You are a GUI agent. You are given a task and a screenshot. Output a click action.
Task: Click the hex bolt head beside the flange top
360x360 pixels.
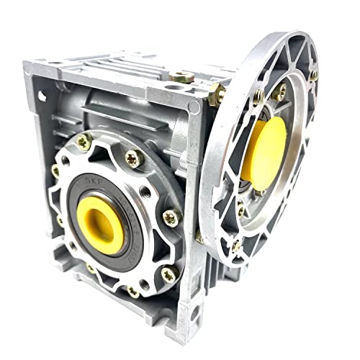coord(215,92)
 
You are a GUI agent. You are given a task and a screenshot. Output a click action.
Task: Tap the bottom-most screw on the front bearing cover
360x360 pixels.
coord(133,291)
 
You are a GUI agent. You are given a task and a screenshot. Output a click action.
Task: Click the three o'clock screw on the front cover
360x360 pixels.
coord(171,215)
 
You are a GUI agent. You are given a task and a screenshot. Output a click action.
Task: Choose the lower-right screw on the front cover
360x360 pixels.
coord(168,272)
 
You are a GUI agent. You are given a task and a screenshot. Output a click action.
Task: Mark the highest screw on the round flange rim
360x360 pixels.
coord(314,76)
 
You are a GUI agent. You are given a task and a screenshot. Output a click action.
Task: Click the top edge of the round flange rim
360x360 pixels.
coord(288,36)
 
